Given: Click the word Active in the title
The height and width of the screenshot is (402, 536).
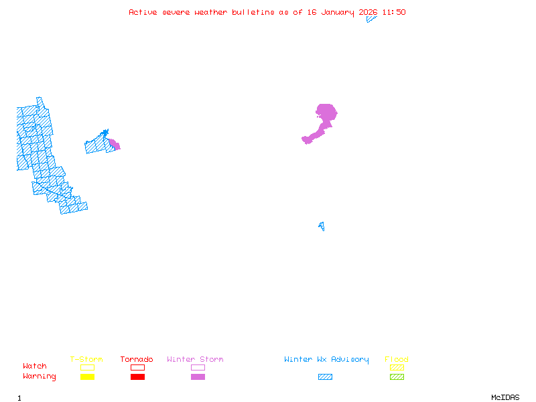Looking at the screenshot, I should coord(143,12).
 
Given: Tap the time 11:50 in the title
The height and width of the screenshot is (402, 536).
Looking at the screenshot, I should coord(394,12).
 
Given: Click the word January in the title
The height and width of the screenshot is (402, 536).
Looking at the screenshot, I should coord(338,12).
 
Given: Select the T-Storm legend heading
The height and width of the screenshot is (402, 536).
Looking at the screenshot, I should coord(86,360).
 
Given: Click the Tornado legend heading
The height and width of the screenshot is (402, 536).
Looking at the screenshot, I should coord(137,360).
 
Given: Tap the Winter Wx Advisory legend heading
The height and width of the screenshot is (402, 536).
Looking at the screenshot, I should coord(326,360).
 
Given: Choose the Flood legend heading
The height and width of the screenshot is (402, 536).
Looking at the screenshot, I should coord(397,360).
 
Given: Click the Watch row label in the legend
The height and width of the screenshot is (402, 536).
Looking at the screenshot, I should coord(35,366).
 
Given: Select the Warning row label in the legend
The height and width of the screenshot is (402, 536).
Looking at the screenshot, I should coord(40,377).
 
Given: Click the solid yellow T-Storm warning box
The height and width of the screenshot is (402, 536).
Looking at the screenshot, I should coord(87,377).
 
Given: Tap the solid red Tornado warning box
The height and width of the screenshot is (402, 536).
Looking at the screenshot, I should coord(137,377).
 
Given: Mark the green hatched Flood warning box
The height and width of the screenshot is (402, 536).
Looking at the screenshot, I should coord(397,377).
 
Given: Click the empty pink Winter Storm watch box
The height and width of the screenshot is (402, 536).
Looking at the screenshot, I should coord(198,367).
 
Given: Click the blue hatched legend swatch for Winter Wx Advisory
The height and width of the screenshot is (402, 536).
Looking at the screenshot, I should coord(325,377).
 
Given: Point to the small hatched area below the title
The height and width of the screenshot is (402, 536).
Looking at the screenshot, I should coord(371,19).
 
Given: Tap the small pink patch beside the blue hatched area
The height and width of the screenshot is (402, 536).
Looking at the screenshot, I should coord(115,144).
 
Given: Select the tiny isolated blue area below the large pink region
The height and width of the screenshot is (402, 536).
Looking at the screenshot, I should coord(322,226).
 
